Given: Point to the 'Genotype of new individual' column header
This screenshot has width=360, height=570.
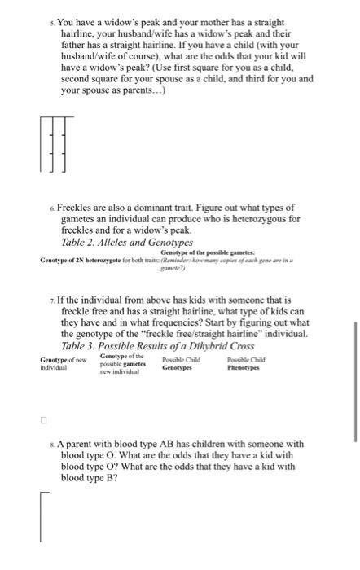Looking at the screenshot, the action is click(x=59, y=364).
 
